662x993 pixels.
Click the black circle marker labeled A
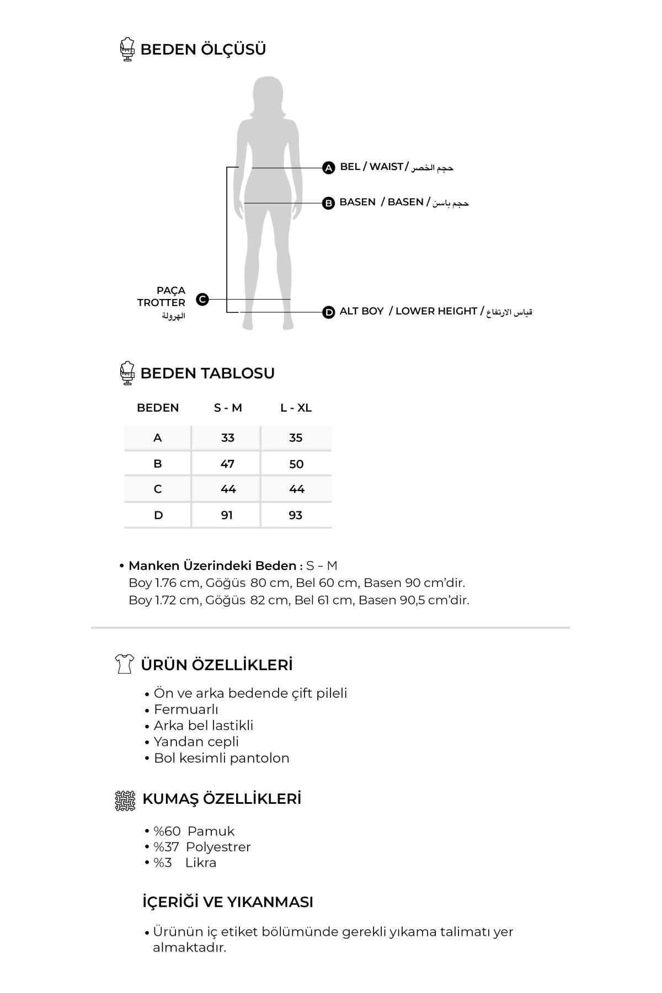pyautogui.click(x=328, y=168)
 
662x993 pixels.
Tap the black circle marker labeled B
pyautogui.click(x=328, y=203)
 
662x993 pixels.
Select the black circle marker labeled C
pyautogui.click(x=202, y=300)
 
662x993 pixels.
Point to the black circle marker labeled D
pyautogui.click(x=329, y=312)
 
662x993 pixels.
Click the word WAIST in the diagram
pyautogui.click(x=386, y=167)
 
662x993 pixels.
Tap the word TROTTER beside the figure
pyautogui.click(x=161, y=302)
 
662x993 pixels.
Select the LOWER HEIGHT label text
pyautogui.click(x=436, y=311)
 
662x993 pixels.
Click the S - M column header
pyautogui.click(x=228, y=408)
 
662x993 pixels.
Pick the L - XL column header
pyautogui.click(x=296, y=408)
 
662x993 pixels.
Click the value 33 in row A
pyautogui.click(x=227, y=438)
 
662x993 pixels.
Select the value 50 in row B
pyautogui.click(x=296, y=464)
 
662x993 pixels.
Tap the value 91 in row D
pyautogui.click(x=227, y=515)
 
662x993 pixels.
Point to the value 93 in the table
pyautogui.click(x=296, y=515)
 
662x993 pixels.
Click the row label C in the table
pyautogui.click(x=158, y=489)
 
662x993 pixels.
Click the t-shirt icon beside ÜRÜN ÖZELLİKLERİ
pyautogui.click(x=124, y=664)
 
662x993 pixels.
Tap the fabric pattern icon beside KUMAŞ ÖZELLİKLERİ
pyautogui.click(x=125, y=800)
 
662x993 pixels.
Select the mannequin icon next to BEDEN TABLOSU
pyautogui.click(x=127, y=373)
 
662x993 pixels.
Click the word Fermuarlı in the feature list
pyautogui.click(x=186, y=709)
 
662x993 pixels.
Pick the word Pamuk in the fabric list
pyautogui.click(x=211, y=831)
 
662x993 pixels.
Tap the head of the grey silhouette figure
pyautogui.click(x=268, y=92)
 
